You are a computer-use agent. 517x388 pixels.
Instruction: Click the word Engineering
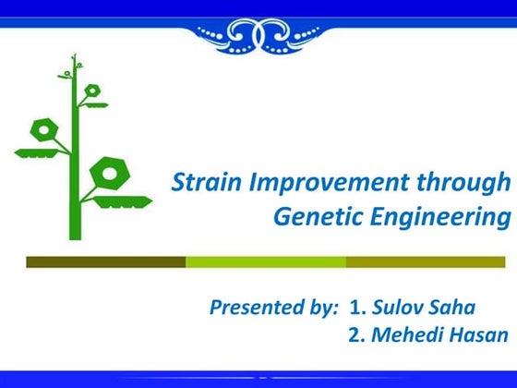(x=436, y=218)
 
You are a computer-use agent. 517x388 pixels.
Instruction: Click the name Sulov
(x=399, y=308)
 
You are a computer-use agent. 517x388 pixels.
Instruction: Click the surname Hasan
(x=478, y=334)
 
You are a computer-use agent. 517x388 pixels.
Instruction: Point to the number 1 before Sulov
(x=355, y=308)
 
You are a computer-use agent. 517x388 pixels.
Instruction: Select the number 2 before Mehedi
(x=355, y=334)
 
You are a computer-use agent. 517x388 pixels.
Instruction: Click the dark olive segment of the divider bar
(x=105, y=262)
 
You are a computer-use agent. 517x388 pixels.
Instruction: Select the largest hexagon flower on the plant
(x=110, y=173)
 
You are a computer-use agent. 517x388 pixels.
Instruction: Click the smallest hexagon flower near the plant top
(x=92, y=91)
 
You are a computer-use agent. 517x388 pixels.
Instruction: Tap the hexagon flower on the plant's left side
(x=42, y=128)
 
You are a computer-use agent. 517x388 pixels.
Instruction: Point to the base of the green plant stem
(x=75, y=235)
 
